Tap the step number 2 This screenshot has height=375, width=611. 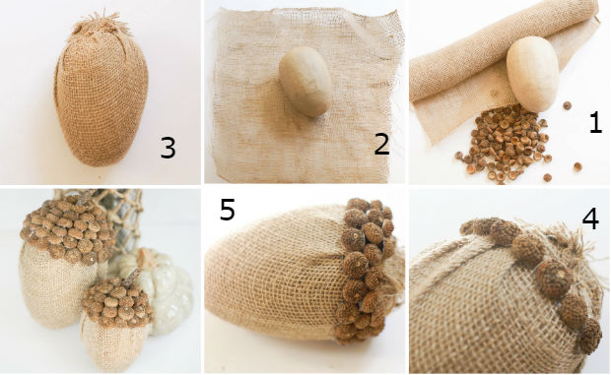pyautogui.click(x=382, y=144)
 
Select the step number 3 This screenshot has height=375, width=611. pyautogui.click(x=168, y=148)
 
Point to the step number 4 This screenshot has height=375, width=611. pyautogui.click(x=590, y=219)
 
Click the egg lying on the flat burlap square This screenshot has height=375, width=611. pyautogui.click(x=305, y=82)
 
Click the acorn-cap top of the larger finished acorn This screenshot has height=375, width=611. pyautogui.click(x=68, y=229)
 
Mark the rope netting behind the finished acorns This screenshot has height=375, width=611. pyautogui.click(x=121, y=218)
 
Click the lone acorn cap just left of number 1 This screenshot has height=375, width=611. pyautogui.click(x=567, y=105)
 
